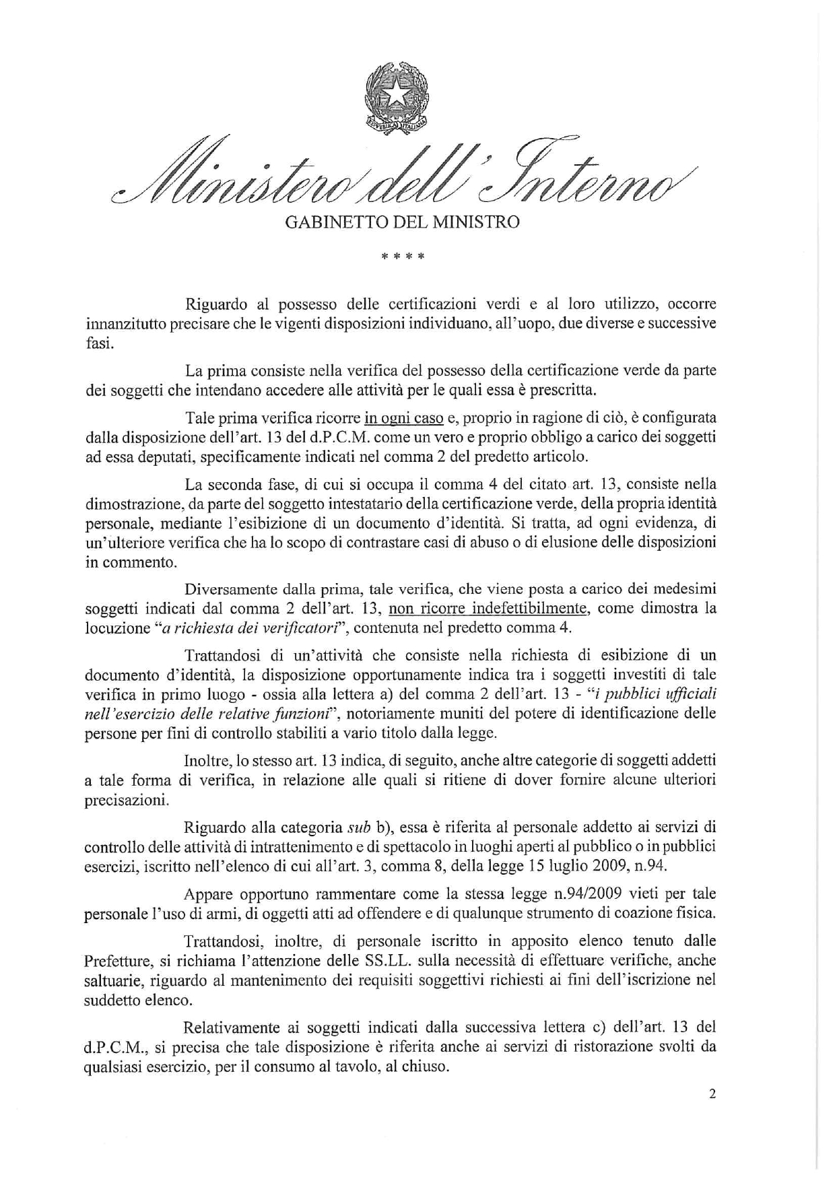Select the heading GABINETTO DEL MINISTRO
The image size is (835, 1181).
pyautogui.click(x=402, y=222)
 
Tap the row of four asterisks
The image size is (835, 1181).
pyautogui.click(x=402, y=257)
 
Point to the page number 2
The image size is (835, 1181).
pyautogui.click(x=712, y=1093)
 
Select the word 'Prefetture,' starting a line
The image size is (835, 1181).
pyautogui.click(x=118, y=960)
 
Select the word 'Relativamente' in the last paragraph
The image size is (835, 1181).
pyautogui.click(x=231, y=1027)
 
